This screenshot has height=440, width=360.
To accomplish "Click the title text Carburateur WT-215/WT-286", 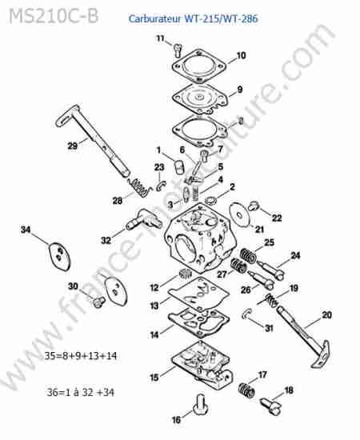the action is click(x=193, y=19).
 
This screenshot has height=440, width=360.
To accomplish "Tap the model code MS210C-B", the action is click(x=54, y=16).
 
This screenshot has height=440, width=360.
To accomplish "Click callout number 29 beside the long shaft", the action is click(x=72, y=146).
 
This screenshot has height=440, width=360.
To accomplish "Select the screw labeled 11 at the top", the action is click(x=178, y=50).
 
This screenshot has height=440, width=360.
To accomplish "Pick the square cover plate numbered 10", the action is click(x=199, y=66).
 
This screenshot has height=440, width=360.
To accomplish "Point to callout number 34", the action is click(x=26, y=230).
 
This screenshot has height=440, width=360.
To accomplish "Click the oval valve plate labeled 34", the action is click(x=59, y=257).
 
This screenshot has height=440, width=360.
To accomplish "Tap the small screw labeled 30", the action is click(x=98, y=302).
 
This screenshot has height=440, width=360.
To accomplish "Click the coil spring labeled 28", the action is click(x=139, y=187).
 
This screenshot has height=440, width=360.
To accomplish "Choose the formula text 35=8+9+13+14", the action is click(x=81, y=356).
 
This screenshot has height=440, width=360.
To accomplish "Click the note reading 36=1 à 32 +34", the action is click(x=81, y=392).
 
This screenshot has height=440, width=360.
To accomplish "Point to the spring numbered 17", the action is click(x=247, y=390).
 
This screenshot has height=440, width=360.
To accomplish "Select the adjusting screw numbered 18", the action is click(x=270, y=406).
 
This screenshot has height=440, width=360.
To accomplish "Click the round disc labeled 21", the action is click(x=239, y=215).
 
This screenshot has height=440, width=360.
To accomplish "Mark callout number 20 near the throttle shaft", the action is click(x=327, y=315).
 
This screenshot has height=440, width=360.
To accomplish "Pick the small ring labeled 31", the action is click(x=246, y=314).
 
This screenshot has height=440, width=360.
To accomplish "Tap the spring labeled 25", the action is click(x=248, y=256).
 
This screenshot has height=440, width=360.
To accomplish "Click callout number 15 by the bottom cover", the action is click(x=154, y=378).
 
